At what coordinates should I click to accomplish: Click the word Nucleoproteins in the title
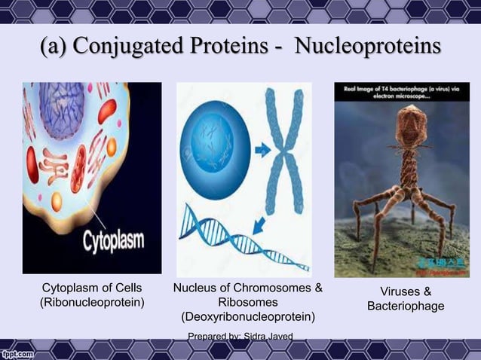click(x=367, y=46)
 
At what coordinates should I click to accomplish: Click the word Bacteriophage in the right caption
click(x=406, y=306)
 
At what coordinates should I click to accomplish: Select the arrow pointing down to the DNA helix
click(x=259, y=224)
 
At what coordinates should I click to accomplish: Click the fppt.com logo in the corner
click(x=17, y=352)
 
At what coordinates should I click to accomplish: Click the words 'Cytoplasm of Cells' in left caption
click(x=91, y=288)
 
